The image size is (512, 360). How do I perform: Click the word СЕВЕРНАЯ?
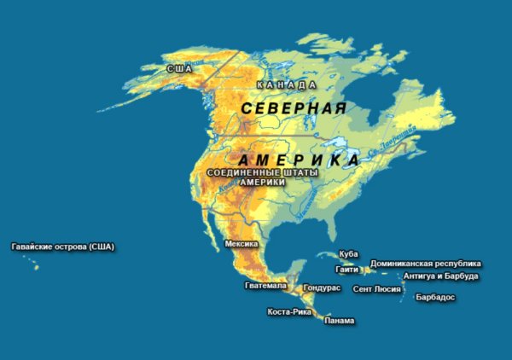[294, 108]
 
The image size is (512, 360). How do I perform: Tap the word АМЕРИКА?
[298, 160]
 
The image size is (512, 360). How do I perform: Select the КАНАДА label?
[288, 85]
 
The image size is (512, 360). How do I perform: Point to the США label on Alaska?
[179, 68]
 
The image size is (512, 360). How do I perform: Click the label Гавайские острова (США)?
[62, 247]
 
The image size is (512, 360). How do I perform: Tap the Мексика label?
[241, 244]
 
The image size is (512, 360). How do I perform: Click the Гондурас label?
[322, 288]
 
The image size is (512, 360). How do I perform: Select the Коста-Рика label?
[288, 311]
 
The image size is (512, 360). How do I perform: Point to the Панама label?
[340, 321]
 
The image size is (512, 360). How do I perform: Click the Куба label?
[348, 254]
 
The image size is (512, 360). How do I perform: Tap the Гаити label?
[346, 269]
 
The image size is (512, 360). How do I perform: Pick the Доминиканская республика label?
[425, 264]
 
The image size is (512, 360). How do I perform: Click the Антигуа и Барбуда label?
[440, 276]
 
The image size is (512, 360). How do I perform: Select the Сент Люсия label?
[376, 289]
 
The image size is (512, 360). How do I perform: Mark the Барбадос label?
[434, 298]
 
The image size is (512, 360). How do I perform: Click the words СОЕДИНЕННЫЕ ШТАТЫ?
[262, 173]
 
